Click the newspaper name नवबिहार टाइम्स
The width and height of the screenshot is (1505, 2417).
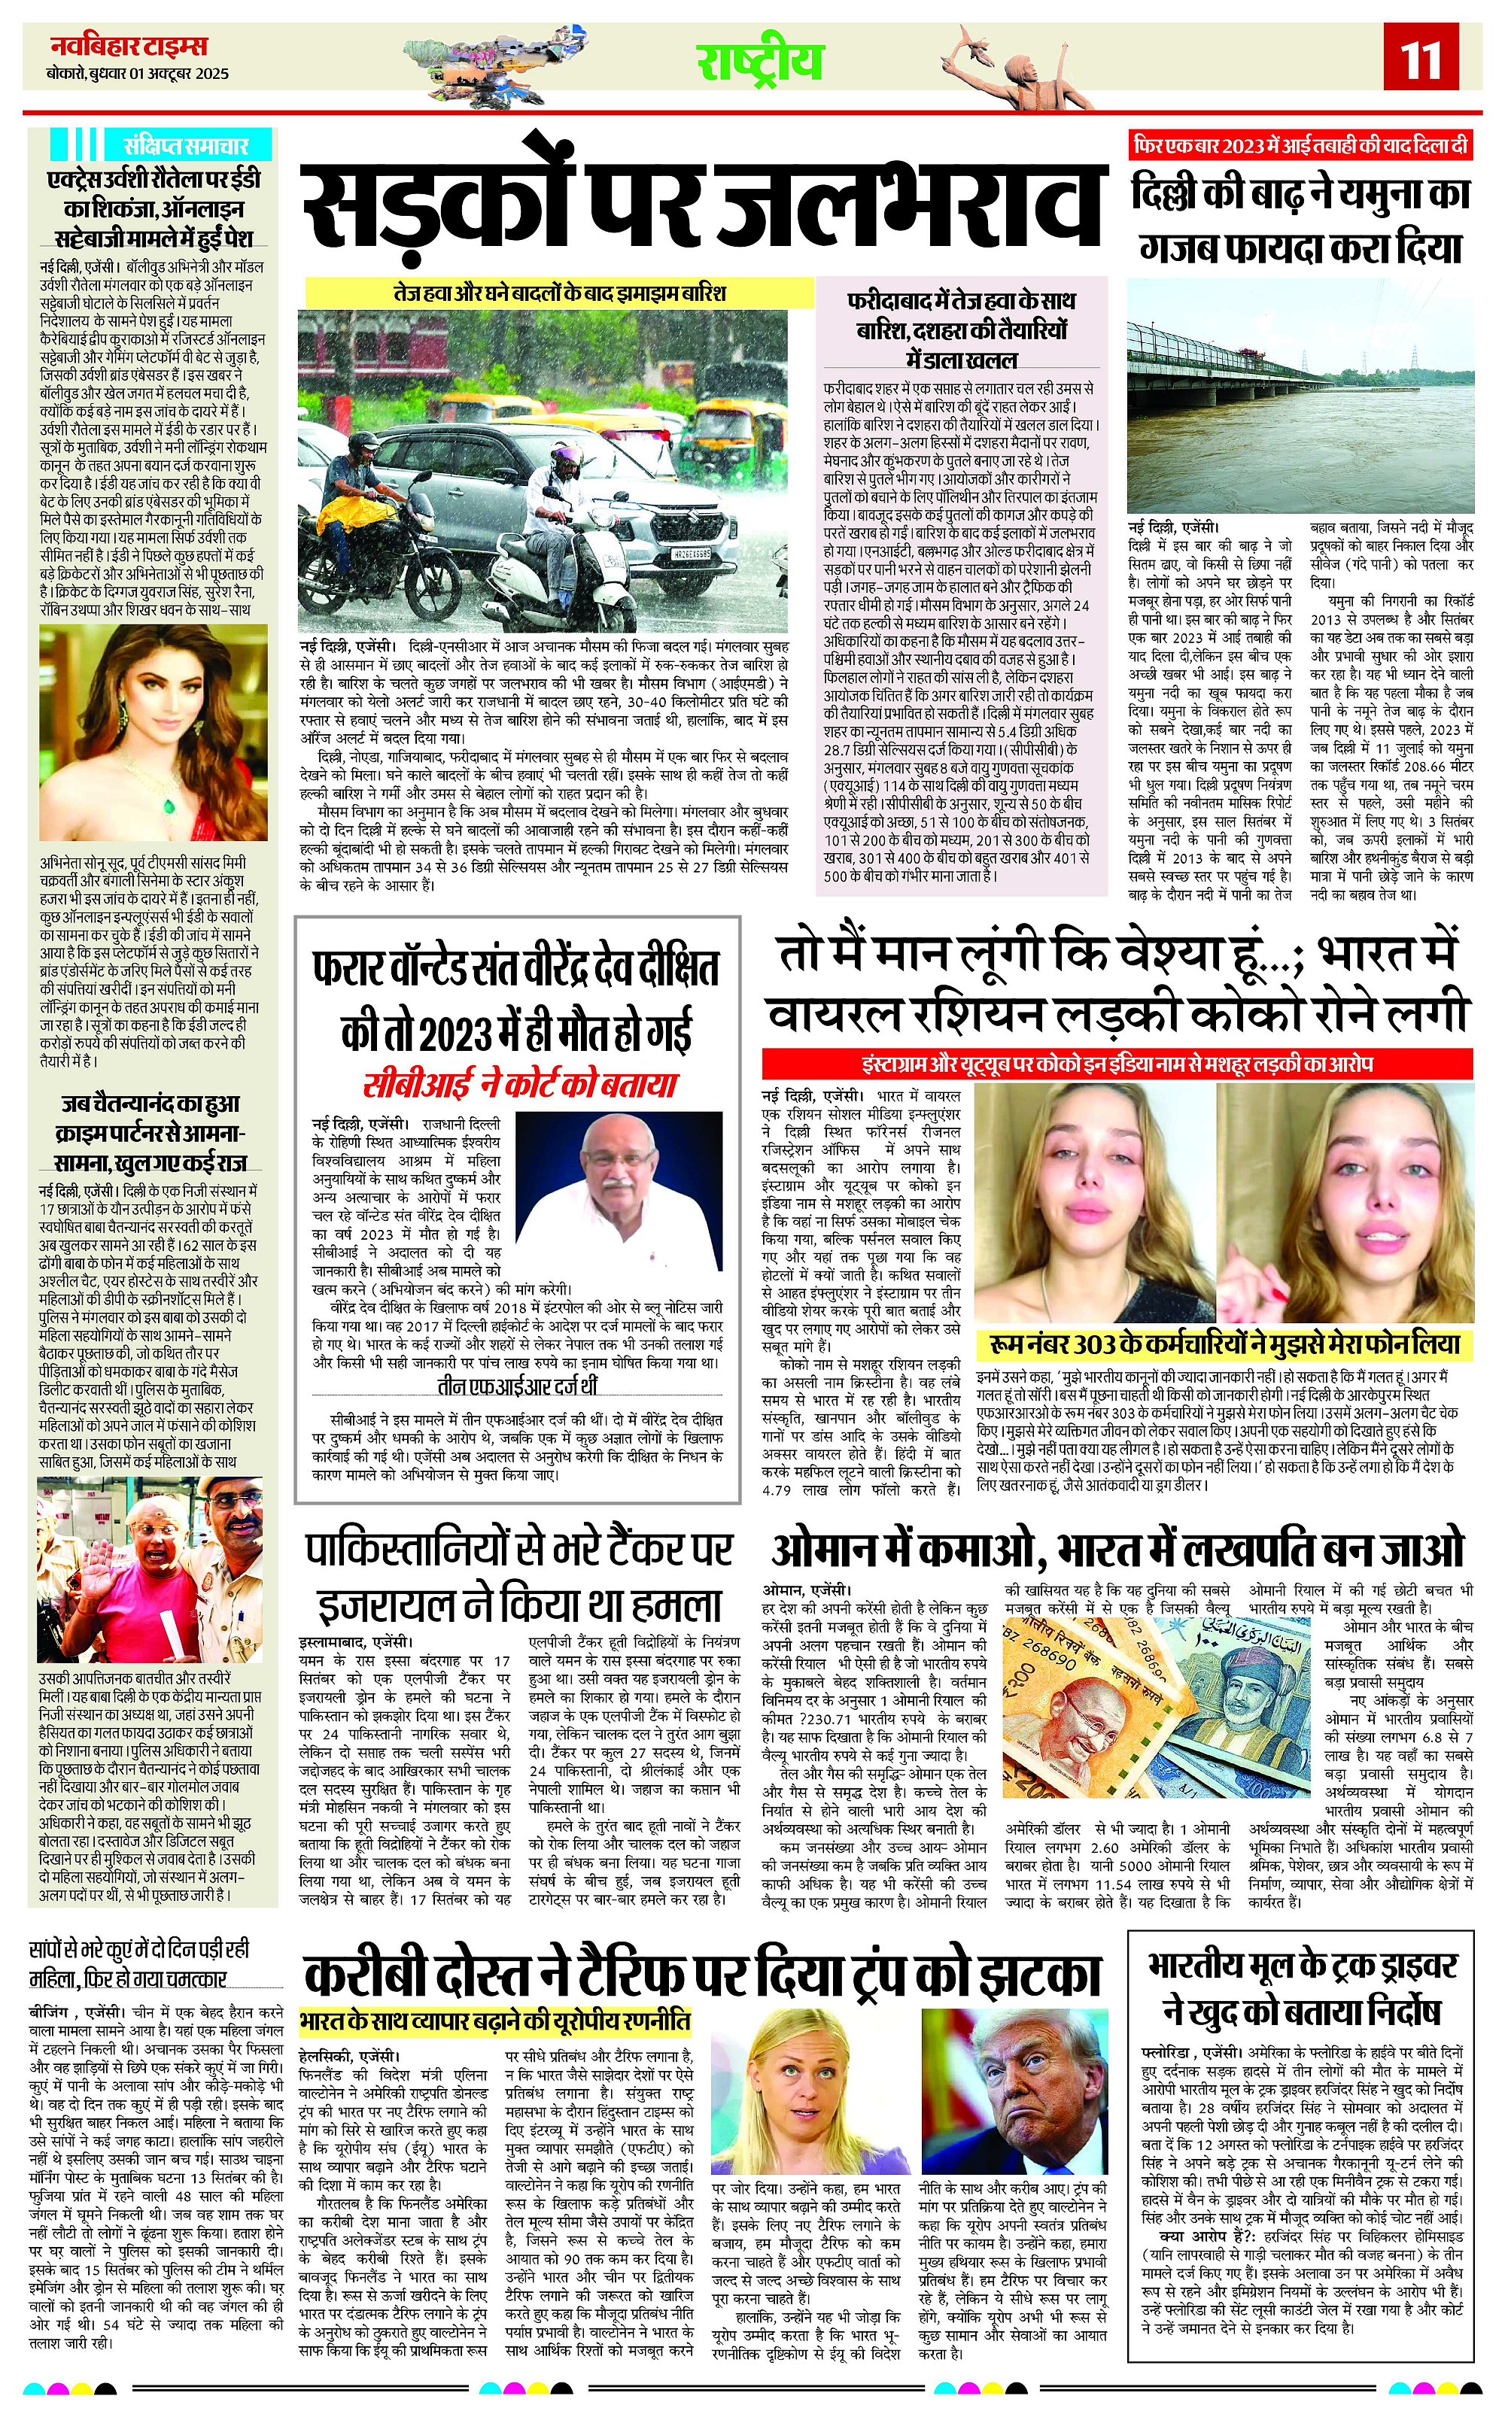tap(129, 46)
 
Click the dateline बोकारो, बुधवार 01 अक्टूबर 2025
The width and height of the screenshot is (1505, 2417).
tap(138, 74)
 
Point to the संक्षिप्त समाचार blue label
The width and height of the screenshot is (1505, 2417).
tap(178, 144)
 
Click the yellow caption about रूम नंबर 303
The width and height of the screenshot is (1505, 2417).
tap(1224, 1344)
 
